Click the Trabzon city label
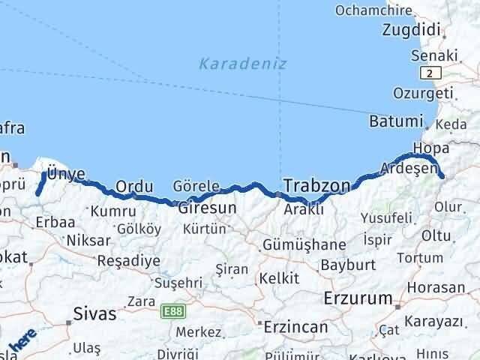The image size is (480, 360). [x=317, y=185]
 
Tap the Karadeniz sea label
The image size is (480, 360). [x=242, y=64]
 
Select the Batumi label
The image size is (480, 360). [x=397, y=121]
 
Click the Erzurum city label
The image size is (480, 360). [x=358, y=298]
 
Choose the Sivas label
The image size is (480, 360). [x=94, y=314]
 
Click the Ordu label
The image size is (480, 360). [x=135, y=187]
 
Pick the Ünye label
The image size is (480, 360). [x=66, y=174]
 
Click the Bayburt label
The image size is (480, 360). [x=347, y=265]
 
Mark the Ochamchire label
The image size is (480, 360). [x=373, y=10]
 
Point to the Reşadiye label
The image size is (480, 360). [x=129, y=260]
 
